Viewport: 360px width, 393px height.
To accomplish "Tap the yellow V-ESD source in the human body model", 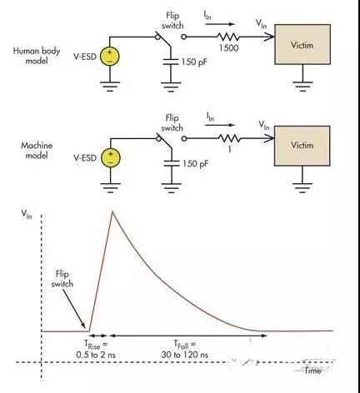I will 109,56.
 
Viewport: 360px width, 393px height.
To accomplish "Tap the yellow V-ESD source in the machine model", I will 109,157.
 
